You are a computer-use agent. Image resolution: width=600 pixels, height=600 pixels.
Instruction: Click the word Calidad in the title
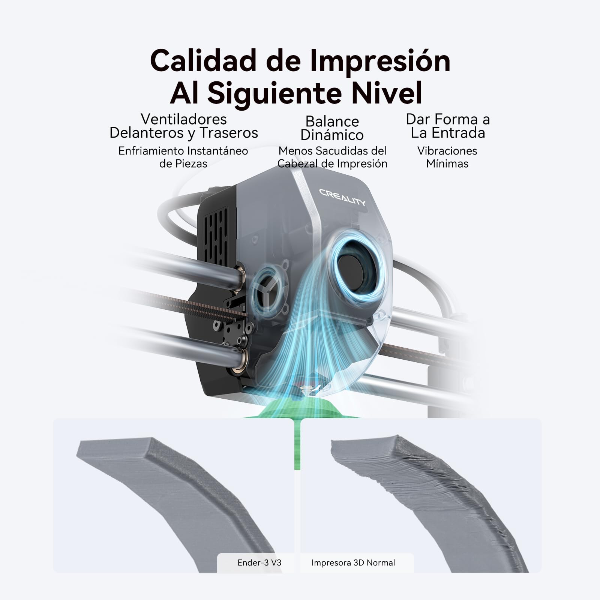[x=203, y=61]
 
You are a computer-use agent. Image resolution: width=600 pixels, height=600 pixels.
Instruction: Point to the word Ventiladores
[x=184, y=119]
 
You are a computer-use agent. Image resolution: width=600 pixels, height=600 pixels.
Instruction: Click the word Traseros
[x=228, y=133]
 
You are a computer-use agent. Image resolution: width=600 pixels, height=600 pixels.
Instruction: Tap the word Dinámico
[x=332, y=135]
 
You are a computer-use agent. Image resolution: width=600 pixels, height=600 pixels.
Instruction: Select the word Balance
[x=332, y=121]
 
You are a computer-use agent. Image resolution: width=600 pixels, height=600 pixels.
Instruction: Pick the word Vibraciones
[x=447, y=151]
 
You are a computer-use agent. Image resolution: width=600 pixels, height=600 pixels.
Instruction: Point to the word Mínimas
[x=447, y=163]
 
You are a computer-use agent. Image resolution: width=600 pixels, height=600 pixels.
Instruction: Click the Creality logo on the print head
[x=342, y=197]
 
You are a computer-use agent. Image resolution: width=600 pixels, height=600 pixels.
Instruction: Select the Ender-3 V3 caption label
[x=259, y=562]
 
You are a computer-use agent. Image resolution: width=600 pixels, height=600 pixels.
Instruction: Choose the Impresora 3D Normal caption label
[x=353, y=562]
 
